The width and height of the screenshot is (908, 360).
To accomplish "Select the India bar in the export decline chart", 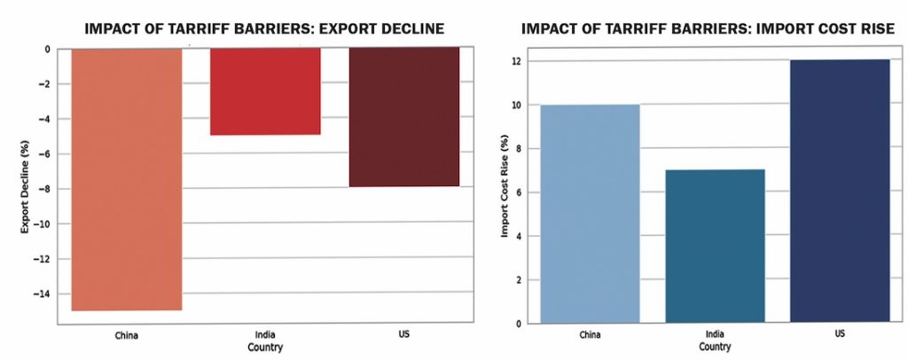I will coord(264,90).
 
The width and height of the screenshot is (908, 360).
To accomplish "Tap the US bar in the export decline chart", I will coord(403,117).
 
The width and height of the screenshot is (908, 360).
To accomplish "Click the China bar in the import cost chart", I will coord(590,214).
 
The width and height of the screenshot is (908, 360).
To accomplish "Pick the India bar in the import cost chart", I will coord(716,246).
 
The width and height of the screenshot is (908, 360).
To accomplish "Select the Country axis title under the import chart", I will coord(715,347).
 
